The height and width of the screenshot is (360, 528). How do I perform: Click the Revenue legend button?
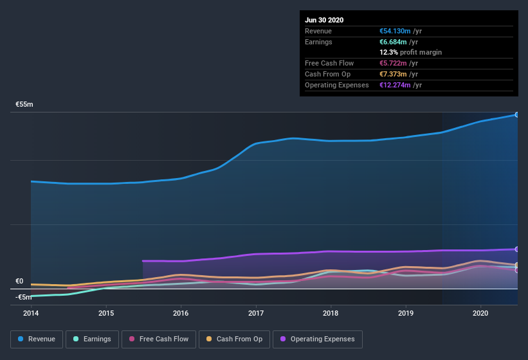click(37, 339)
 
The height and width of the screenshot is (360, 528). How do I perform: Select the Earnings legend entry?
click(91, 339)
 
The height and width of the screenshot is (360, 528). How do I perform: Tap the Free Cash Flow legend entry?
click(158, 339)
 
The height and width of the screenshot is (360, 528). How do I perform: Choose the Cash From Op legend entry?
click(234, 339)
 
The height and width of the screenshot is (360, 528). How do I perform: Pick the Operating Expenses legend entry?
click(317, 339)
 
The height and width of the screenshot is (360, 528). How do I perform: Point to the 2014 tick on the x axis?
click(31, 313)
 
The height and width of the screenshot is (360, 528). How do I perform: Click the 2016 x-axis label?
click(181, 313)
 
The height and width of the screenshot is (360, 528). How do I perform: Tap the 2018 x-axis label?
click(331, 313)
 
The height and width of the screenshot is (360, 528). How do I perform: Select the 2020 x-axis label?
click(480, 313)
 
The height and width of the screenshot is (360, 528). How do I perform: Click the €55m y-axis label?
click(24, 104)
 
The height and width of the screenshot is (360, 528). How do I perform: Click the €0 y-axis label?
click(19, 281)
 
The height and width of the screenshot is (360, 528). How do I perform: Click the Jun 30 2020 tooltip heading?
click(324, 20)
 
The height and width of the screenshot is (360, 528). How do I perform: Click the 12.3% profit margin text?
click(410, 52)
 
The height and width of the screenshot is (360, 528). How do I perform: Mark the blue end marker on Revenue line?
click(517, 114)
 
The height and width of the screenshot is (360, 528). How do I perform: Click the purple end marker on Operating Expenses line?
click(517, 249)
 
